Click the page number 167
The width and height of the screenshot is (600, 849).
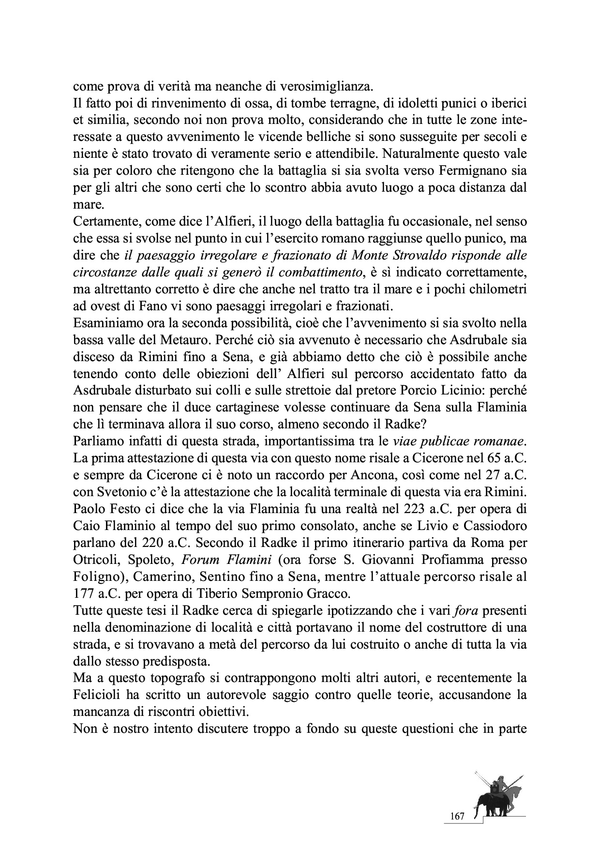(457, 817)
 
